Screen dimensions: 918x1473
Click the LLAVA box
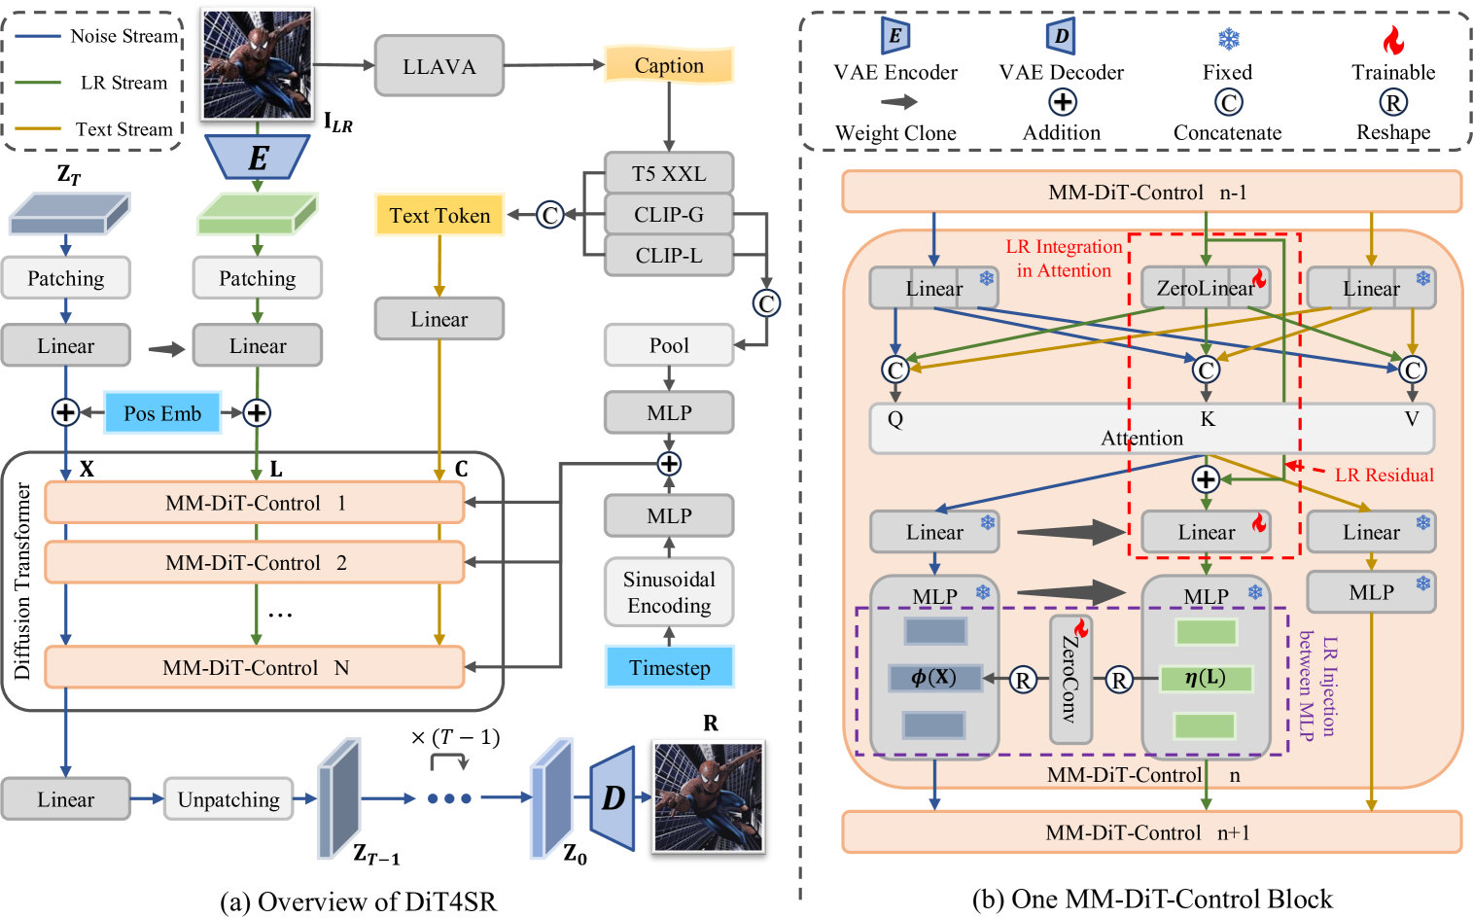(438, 66)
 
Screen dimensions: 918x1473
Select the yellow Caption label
(669, 65)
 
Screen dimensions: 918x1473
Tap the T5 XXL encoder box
(669, 173)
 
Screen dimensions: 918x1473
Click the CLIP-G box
(669, 214)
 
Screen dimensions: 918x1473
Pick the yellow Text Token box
(439, 215)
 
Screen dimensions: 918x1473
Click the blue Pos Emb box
(162, 413)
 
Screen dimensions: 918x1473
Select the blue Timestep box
(669, 667)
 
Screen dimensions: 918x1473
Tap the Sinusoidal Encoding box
(669, 592)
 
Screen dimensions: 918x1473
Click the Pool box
(669, 345)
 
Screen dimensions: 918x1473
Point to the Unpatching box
(228, 799)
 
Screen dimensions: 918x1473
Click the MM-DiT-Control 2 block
(255, 562)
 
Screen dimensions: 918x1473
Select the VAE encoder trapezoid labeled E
(258, 157)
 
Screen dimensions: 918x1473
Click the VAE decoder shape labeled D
(613, 797)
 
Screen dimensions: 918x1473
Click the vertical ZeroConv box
(1070, 679)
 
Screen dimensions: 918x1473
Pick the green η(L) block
(1206, 678)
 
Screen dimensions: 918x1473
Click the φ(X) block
(934, 678)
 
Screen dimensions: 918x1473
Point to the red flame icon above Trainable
(1393, 40)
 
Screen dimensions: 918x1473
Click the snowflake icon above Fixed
(1228, 40)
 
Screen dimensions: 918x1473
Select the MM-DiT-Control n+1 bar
(1151, 832)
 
